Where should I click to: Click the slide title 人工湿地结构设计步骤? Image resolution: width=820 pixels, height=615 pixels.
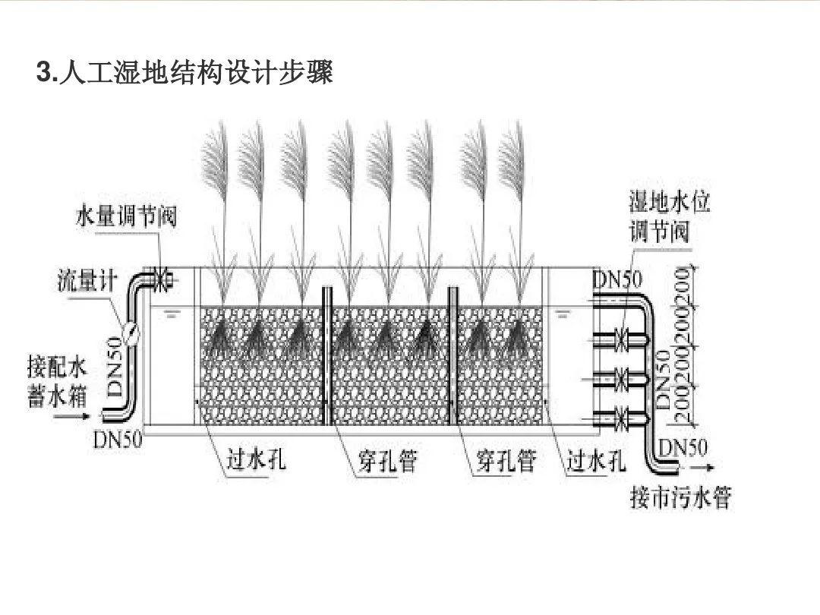(x=185, y=74)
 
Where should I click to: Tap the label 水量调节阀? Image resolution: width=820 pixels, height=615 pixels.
(x=126, y=216)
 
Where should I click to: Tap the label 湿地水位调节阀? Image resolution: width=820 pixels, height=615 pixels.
(x=659, y=217)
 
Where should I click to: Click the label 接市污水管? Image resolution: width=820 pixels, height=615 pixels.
(x=680, y=498)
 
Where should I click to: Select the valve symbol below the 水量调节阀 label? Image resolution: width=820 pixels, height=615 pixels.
(x=161, y=279)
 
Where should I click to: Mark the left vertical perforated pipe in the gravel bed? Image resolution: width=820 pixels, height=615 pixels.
(x=327, y=357)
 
